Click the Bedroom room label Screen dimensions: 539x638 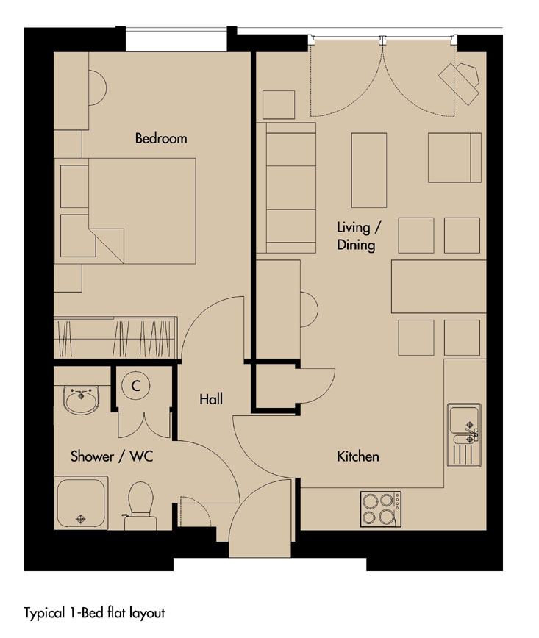pyautogui.click(x=161, y=138)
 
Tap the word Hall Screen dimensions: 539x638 pyautogui.click(x=211, y=398)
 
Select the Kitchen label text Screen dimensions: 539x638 pyautogui.click(x=358, y=456)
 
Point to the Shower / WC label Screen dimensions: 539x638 pyautogui.click(x=112, y=456)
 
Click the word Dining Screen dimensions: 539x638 pyautogui.click(x=356, y=245)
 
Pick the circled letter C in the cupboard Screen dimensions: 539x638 pyautogui.click(x=136, y=385)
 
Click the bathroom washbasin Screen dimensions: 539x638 pyautogui.click(x=81, y=401)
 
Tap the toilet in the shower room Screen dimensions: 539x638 pyautogui.click(x=140, y=506)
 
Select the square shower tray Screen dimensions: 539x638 pyautogui.click(x=81, y=503)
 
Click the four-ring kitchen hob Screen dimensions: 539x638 pyautogui.click(x=381, y=509)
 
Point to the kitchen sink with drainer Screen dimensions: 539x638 pyautogui.click(x=464, y=435)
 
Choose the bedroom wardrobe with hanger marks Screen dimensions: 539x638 pyautogui.click(x=115, y=337)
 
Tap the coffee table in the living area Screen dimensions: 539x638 pyautogui.click(x=369, y=170)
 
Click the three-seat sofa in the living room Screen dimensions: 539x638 pyautogui.click(x=290, y=187)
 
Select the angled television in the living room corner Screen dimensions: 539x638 pyautogui.click(x=459, y=83)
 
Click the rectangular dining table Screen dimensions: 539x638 pyautogui.click(x=439, y=287)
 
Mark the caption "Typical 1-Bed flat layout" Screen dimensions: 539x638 pyautogui.click(x=94, y=613)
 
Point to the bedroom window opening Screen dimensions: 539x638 pyautogui.click(x=176, y=39)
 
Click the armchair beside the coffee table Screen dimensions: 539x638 pyautogui.click(x=454, y=157)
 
